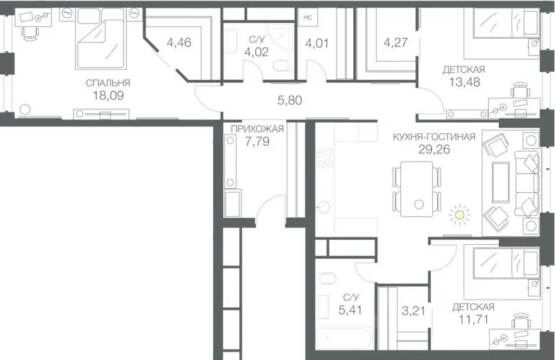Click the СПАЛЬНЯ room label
108,83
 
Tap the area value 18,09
108,96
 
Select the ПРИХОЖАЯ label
257,128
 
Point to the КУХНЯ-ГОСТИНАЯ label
434,137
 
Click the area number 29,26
434,149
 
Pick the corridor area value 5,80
289,101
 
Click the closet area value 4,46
179,42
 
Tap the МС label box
307,17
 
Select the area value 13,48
464,82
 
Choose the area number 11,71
474,320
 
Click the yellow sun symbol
459,214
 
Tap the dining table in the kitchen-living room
417,189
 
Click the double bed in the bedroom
101,39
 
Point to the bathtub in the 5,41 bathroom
344,338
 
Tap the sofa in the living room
527,184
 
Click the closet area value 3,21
413,311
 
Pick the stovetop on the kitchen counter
325,158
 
